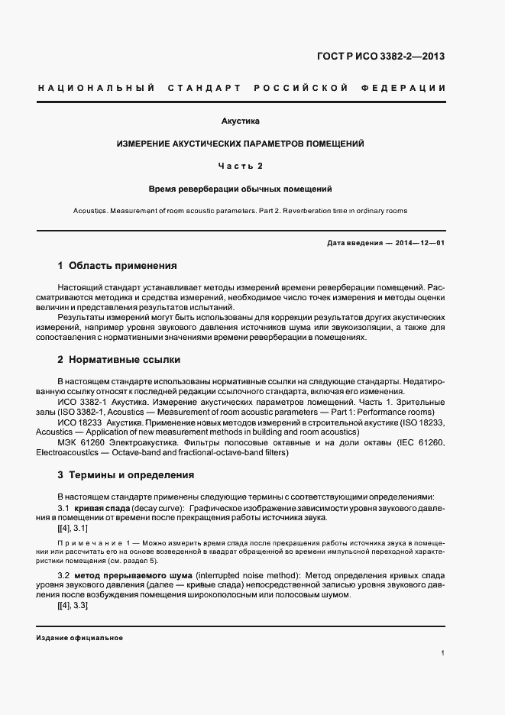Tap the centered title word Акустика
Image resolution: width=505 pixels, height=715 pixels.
coord(240,121)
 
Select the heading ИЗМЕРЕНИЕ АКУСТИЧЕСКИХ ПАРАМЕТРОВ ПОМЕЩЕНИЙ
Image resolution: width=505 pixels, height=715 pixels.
coord(240,144)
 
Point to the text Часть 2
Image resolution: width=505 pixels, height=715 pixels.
coord(240,166)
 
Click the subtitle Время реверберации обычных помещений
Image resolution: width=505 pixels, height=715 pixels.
coord(240,188)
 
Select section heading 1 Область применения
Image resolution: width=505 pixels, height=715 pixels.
coord(117,266)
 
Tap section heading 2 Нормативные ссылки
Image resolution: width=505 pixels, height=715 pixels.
coord(119,359)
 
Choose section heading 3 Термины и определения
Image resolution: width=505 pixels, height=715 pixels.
coord(126,474)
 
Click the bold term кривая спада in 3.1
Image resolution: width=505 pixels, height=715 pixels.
coord(102,508)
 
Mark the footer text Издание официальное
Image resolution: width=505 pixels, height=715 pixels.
coord(79,637)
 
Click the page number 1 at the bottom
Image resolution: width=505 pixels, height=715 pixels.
coord(443,653)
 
